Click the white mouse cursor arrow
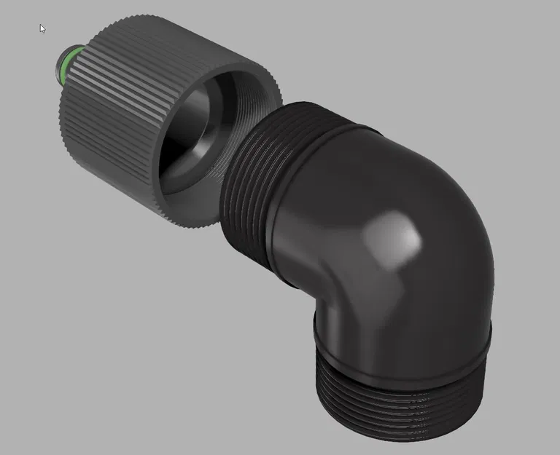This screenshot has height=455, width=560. pyautogui.click(x=42, y=28)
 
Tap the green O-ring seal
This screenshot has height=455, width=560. pyautogui.click(x=67, y=62)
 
